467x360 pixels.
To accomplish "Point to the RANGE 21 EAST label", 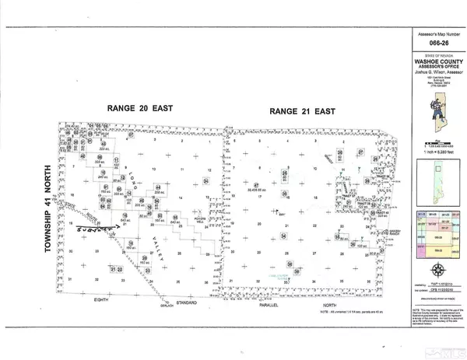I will pyautogui.click(x=301, y=112).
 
